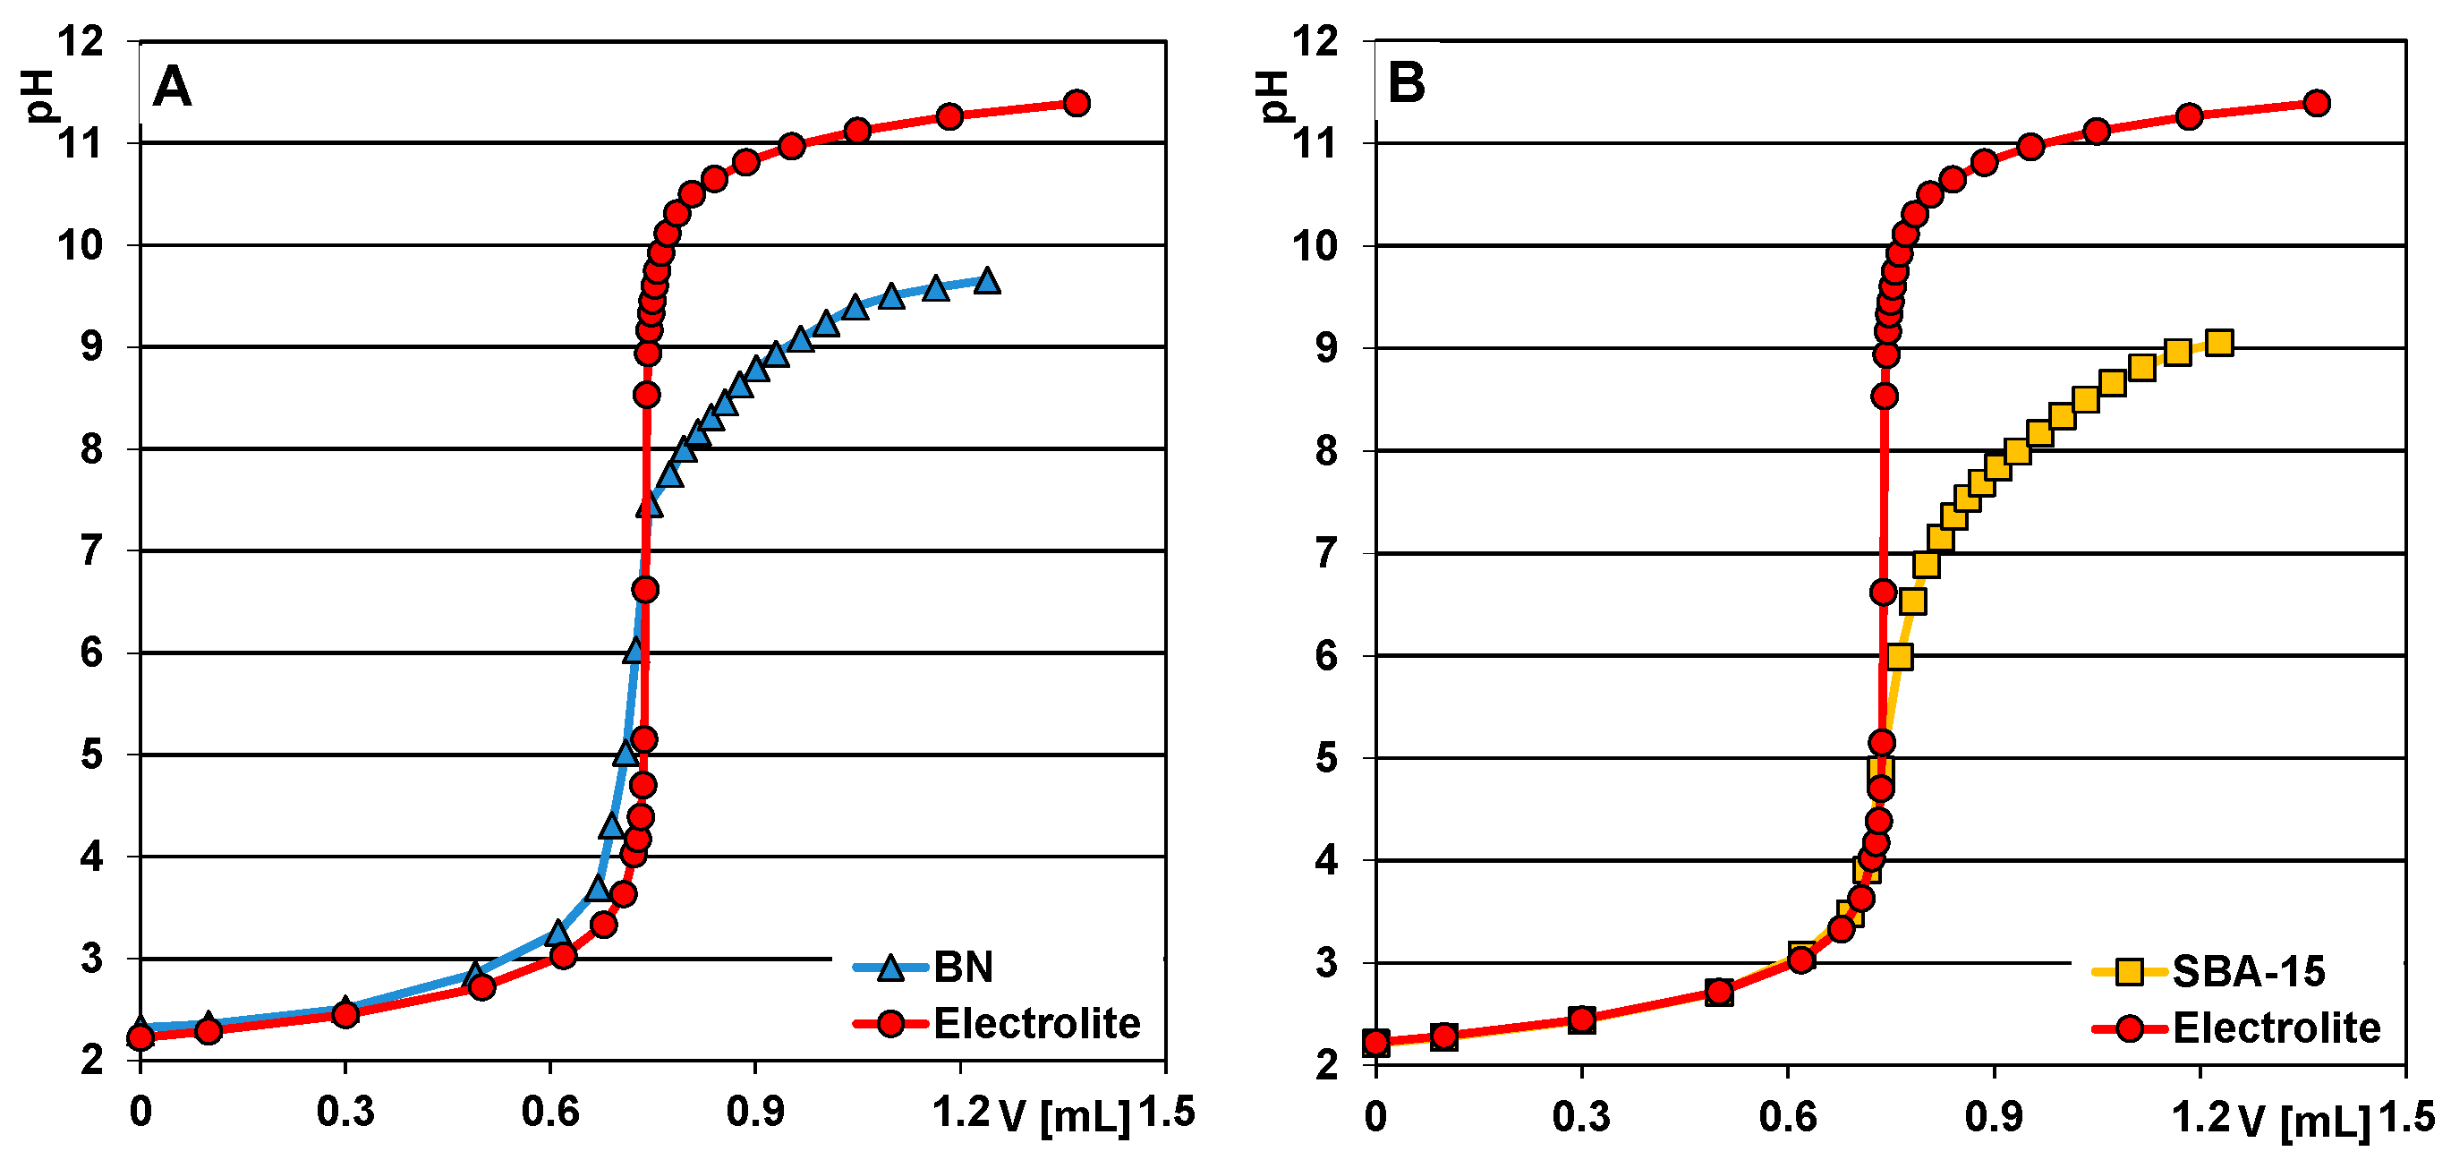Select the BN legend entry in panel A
[x=963, y=967]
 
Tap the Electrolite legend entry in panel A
[x=1036, y=1024]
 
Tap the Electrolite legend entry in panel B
[x=2276, y=1028]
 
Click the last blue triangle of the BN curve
[x=987, y=281]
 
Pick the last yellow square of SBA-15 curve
[x=2219, y=343]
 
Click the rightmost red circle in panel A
[x=1077, y=103]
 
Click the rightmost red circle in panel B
[x=2317, y=103]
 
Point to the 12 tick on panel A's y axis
[x=81, y=41]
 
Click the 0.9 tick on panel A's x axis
[x=754, y=1111]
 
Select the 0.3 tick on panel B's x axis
[x=1580, y=1115]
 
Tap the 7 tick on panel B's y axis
[x=1327, y=553]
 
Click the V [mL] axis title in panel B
[x=2304, y=1121]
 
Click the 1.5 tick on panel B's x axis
[x=2406, y=1117]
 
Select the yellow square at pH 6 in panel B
[x=1899, y=657]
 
